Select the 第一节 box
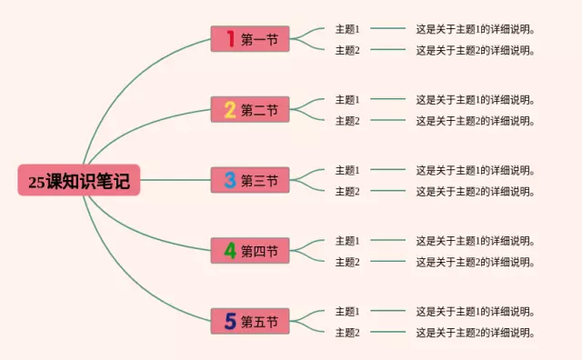250,39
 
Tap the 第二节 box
250,110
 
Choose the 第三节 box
250,180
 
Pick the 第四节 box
250,251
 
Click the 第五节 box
250,321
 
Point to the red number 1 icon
230,39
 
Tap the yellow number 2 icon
230,110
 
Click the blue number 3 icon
230,180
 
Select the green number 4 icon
230,250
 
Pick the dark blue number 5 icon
230,321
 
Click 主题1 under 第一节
347,29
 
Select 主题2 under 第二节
347,121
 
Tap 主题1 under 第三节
347,170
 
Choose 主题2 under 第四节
347,262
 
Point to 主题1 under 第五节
347,311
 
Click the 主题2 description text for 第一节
475,50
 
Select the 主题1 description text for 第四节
475,241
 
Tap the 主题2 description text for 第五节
475,332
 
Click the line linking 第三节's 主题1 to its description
387,170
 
